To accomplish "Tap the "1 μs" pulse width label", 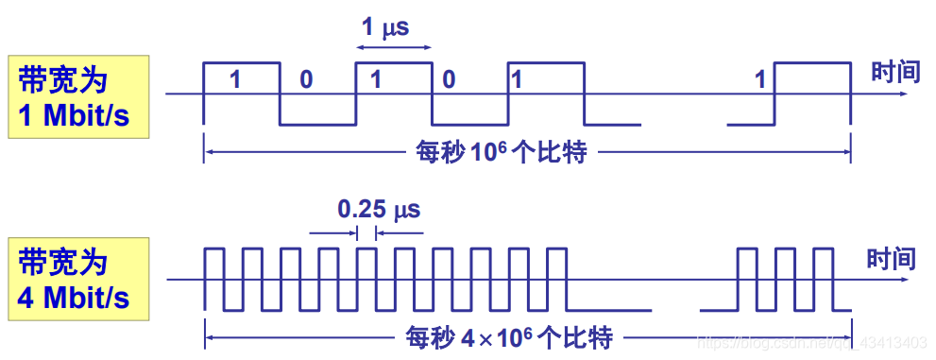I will (x=385, y=27).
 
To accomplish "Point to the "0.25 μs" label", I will (x=379, y=207).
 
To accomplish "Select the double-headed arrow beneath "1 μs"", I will (x=394, y=46).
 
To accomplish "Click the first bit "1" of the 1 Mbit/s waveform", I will (x=235, y=80).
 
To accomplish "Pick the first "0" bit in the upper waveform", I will (x=305, y=80).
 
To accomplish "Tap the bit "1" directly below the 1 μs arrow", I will (x=375, y=80).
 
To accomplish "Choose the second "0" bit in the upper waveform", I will (x=449, y=80).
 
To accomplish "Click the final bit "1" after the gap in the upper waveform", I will (x=760, y=80).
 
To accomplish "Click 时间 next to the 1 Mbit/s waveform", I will (x=895, y=73).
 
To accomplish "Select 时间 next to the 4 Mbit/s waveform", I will (x=892, y=257).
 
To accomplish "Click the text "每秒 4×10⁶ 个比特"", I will (x=509, y=335).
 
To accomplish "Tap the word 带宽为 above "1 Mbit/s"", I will (x=63, y=79).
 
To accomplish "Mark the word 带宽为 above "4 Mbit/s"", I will (x=63, y=262).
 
